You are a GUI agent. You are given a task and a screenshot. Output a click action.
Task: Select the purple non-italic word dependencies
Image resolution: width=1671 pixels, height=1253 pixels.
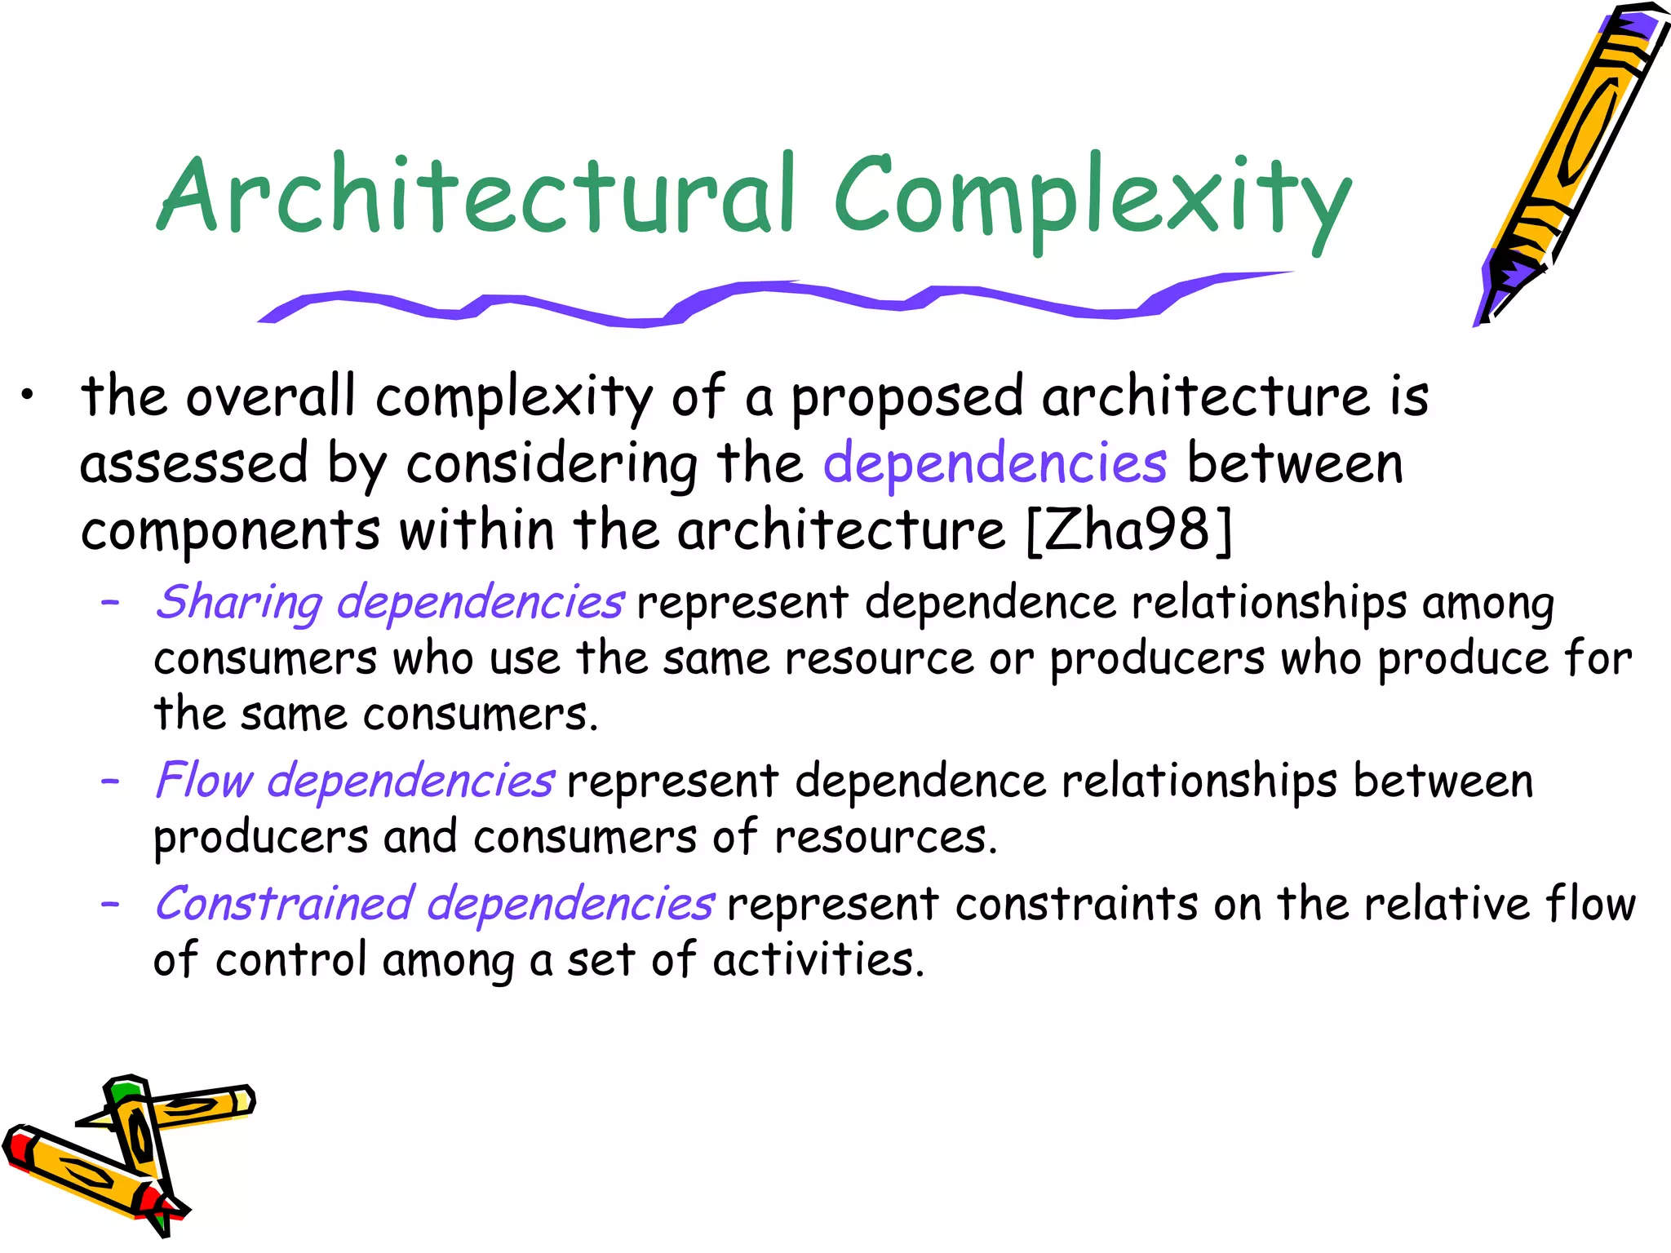[995, 463]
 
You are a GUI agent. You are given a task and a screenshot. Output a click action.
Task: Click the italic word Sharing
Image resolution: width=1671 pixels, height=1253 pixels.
[239, 603]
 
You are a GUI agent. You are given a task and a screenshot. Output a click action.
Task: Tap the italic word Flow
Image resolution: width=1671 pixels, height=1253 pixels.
[204, 781]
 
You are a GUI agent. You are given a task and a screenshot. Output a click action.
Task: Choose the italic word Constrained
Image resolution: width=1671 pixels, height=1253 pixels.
[284, 904]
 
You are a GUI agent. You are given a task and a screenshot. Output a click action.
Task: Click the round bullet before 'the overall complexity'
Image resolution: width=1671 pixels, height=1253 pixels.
[29, 396]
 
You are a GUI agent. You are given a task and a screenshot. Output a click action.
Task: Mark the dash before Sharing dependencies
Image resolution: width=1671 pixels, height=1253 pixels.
[110, 604]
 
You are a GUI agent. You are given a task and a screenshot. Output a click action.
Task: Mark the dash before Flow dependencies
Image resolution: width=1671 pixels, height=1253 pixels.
[110, 781]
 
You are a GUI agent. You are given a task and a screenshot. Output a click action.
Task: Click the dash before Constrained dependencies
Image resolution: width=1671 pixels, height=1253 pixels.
[110, 904]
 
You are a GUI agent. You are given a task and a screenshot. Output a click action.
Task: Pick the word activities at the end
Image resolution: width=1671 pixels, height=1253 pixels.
[818, 960]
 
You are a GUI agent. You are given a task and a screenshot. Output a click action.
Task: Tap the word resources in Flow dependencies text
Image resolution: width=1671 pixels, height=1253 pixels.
[885, 838]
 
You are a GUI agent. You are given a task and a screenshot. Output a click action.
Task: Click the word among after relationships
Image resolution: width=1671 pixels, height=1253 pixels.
[1487, 604]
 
